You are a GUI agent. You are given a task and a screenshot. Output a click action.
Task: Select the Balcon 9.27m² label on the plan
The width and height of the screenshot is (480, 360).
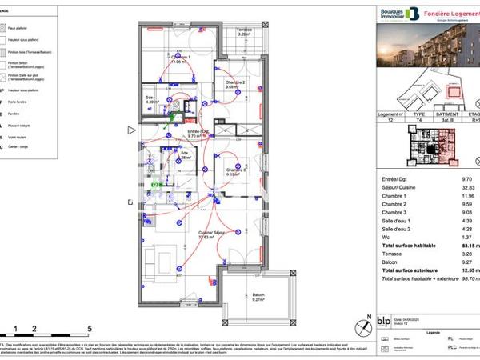click(x=258, y=297)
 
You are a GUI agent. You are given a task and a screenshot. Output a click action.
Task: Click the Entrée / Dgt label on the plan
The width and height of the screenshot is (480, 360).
click(x=198, y=133)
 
